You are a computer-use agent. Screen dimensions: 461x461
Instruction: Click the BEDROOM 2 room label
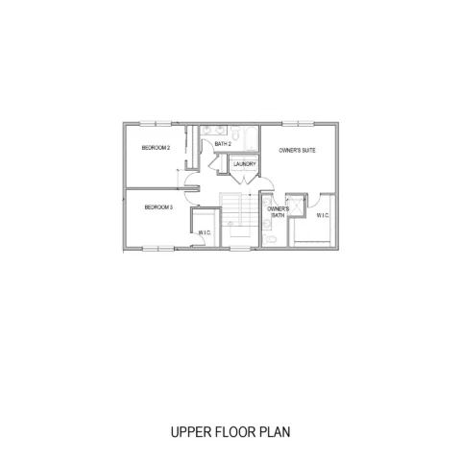156,148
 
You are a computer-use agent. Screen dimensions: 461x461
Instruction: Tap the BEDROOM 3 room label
158,207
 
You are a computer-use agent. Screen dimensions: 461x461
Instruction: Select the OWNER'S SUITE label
297,150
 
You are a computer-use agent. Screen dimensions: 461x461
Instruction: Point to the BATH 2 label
223,144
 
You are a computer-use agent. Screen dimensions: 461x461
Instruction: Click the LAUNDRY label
245,164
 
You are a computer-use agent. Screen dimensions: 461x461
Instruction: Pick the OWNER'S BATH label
278,212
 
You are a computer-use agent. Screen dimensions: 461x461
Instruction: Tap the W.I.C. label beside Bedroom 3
205,232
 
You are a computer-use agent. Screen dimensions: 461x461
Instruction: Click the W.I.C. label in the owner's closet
323,215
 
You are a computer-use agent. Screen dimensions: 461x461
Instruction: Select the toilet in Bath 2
235,134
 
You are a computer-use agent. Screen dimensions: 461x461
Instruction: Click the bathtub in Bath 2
251,138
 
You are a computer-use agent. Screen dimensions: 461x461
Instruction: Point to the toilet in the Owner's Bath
270,239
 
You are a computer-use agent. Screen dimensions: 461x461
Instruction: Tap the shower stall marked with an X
297,206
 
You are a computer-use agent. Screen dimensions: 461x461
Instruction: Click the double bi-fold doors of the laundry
244,180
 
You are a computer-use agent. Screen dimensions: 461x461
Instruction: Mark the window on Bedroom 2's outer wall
156,124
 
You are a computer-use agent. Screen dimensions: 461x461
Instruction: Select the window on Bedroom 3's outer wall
158,248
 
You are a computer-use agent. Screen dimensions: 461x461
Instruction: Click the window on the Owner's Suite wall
298,124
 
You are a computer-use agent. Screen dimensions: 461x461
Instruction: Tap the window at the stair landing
240,248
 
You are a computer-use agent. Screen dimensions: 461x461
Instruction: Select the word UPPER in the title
191,432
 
